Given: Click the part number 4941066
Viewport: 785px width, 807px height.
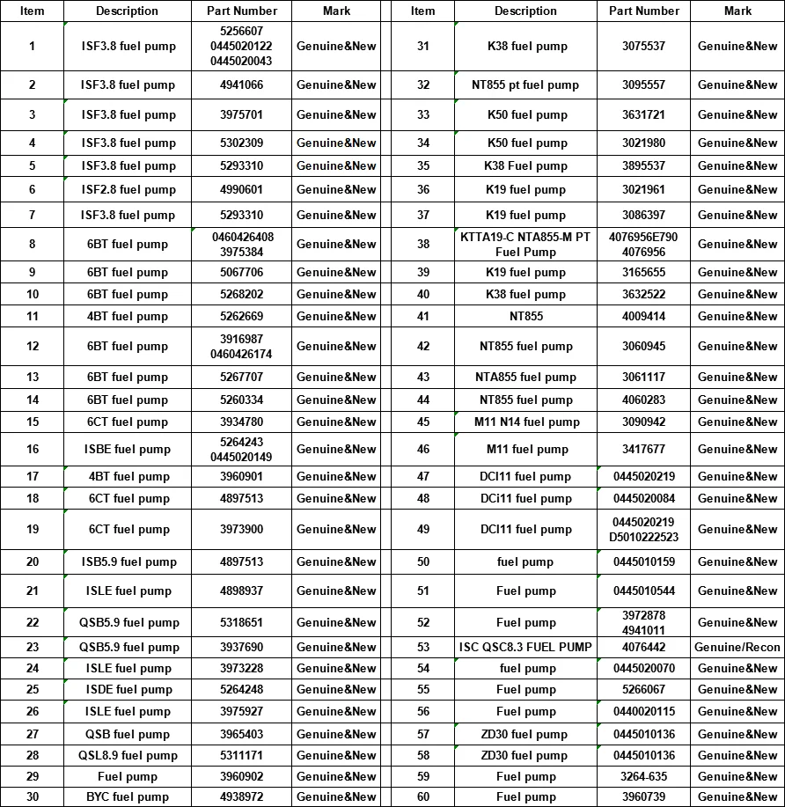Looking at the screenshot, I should tap(241, 85).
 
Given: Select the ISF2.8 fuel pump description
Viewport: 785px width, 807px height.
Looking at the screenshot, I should tap(128, 189).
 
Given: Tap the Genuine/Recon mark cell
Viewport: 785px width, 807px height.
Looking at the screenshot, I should tap(737, 647).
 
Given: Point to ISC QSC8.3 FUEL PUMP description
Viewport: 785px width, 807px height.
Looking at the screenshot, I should tap(525, 647).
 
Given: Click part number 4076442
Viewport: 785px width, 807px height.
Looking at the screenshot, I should tap(643, 647).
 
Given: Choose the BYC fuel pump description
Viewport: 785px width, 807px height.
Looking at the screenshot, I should tap(128, 796).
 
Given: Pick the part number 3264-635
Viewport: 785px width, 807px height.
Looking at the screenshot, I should tap(643, 776).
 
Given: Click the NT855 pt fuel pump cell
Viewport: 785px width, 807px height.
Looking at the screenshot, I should tap(525, 85).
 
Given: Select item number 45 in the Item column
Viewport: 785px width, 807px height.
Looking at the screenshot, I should tap(423, 422).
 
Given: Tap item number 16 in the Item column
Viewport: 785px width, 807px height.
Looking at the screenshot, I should tap(33, 449).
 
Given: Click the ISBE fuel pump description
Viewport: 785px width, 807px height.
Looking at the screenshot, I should tap(128, 449).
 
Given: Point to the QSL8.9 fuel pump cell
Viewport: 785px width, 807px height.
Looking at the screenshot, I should tap(128, 755).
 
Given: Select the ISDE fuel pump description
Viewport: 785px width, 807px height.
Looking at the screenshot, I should tap(128, 689).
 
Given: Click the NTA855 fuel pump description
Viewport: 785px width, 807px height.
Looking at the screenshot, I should tap(525, 377).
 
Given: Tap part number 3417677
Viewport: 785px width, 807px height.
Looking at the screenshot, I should tap(643, 449).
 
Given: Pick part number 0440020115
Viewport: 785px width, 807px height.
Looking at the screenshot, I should tap(643, 711).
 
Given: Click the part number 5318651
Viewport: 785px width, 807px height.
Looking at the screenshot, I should tap(241, 622).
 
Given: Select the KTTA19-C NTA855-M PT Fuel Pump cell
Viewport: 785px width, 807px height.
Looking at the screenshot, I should tap(525, 244).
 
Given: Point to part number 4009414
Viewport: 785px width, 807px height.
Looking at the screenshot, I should tap(643, 316).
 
